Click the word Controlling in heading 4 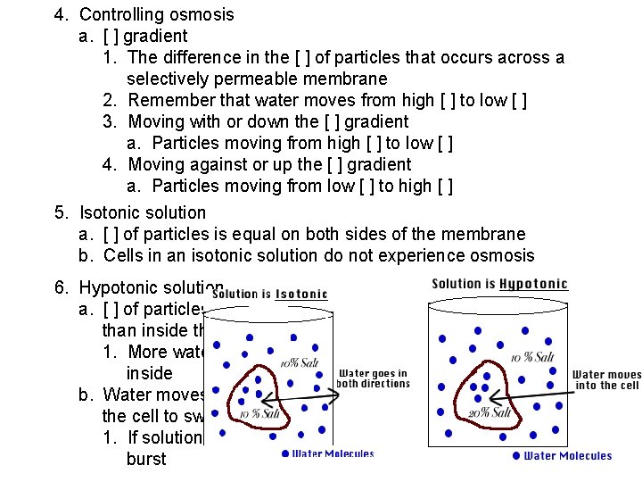[x=120, y=14]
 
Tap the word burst [x=146, y=459]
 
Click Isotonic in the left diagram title [x=300, y=294]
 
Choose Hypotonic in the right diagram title [x=533, y=285]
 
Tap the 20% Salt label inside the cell [x=489, y=412]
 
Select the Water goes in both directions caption [x=374, y=378]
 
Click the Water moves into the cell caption [x=606, y=380]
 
